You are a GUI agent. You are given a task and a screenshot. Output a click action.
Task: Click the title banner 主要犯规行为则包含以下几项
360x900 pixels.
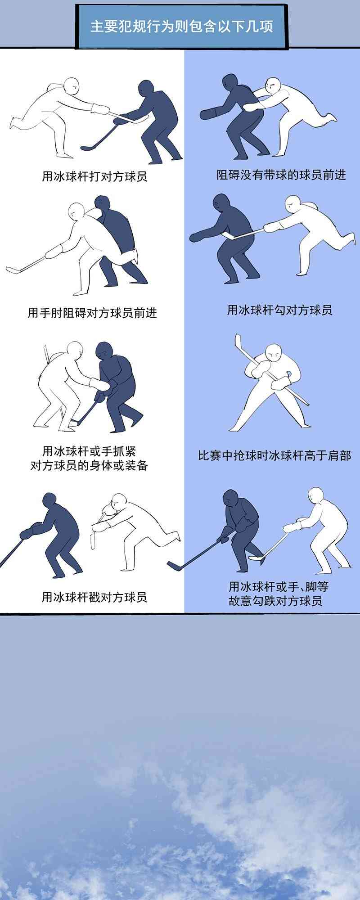click(181, 26)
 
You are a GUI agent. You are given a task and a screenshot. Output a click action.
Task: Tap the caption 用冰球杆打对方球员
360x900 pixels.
click(94, 176)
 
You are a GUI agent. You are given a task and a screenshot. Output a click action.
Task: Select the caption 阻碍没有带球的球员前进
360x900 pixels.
click(281, 175)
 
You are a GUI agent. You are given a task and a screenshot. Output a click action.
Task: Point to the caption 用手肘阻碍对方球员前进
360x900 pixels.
click(92, 312)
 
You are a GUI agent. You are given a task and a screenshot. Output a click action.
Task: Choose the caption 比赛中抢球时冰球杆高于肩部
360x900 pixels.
click(274, 455)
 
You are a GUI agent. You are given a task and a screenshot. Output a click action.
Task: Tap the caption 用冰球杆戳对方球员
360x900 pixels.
click(94, 597)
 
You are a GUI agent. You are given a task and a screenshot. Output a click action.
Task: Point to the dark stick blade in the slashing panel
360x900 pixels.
click(87, 148)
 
